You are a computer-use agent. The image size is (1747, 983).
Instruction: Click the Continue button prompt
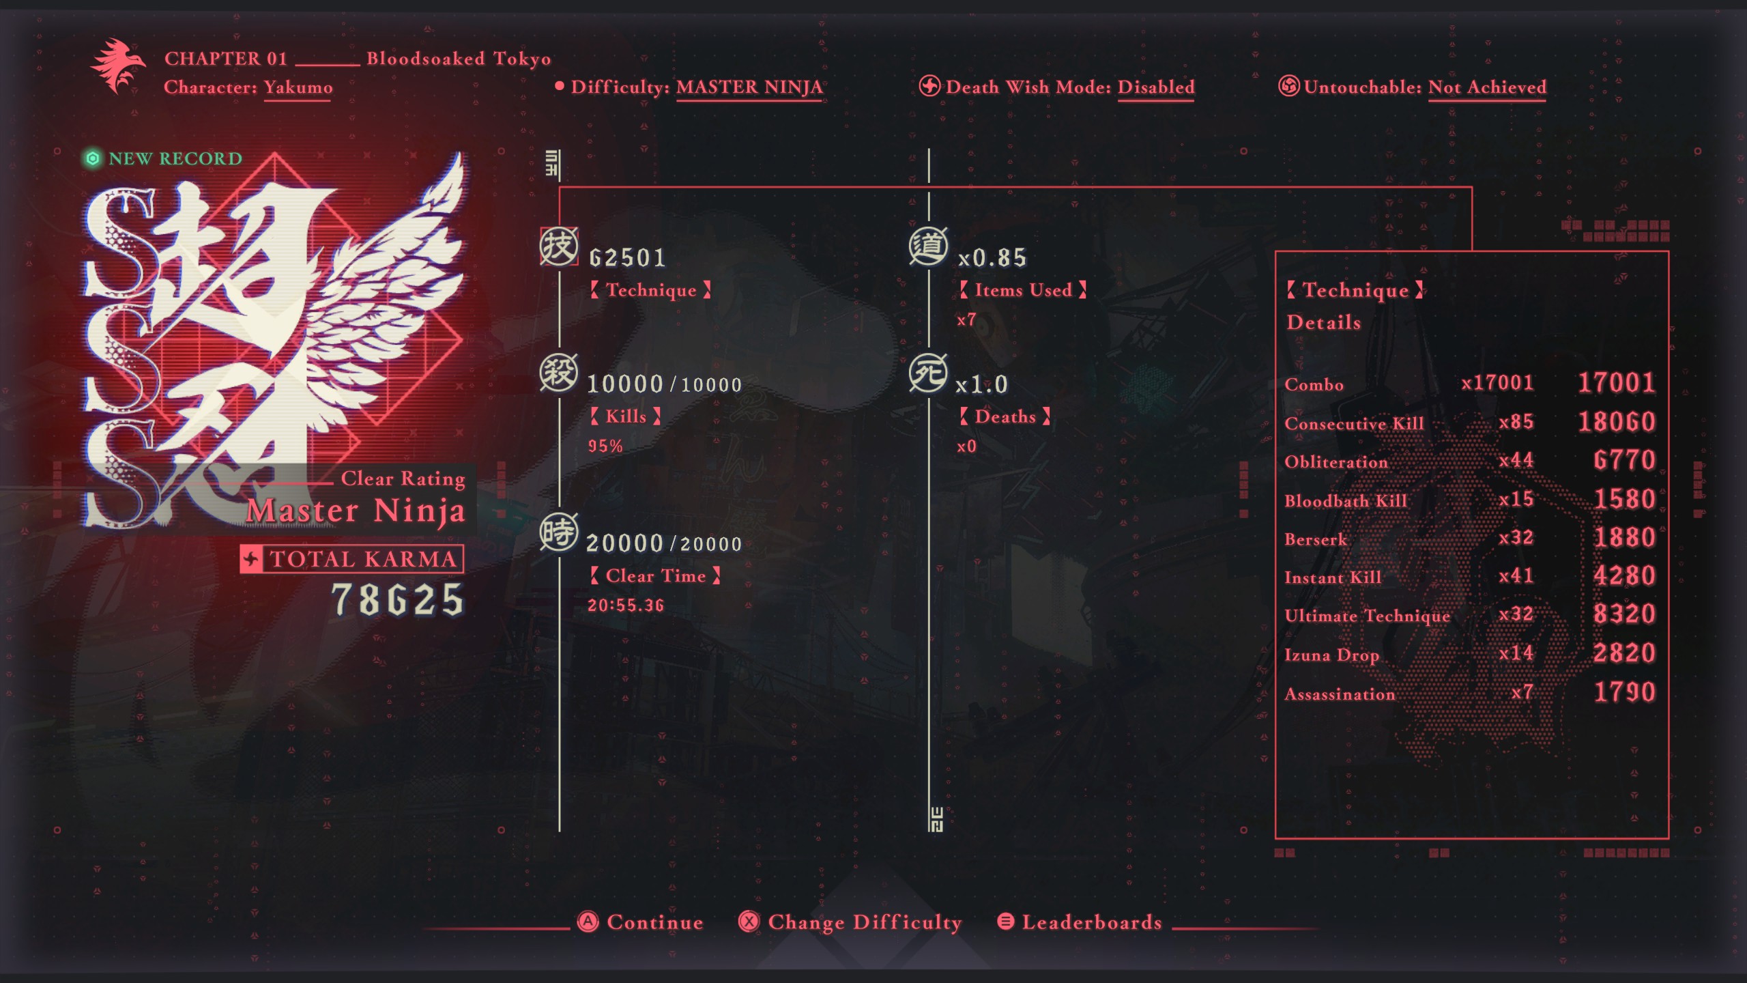point(640,922)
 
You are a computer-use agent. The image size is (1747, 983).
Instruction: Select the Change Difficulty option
point(850,922)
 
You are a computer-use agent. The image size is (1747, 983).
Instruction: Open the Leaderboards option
point(1080,922)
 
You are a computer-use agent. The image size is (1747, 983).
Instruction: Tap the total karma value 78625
point(398,599)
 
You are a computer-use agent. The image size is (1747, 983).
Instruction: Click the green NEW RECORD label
point(163,158)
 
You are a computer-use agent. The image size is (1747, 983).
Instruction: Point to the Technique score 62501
point(627,257)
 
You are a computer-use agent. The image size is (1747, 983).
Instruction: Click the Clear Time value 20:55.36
point(626,605)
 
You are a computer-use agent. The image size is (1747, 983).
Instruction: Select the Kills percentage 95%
point(605,446)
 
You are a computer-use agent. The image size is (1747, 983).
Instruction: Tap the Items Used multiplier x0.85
point(992,257)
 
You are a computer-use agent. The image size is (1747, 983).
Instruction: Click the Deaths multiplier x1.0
point(981,384)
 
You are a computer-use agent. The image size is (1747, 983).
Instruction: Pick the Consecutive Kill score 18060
point(1617,421)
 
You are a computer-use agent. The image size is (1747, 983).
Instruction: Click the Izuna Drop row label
point(1331,655)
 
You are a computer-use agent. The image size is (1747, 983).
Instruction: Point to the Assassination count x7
point(1522,692)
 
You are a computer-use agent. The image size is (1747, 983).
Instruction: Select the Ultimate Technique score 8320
point(1624,614)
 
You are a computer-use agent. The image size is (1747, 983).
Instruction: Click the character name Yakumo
point(298,87)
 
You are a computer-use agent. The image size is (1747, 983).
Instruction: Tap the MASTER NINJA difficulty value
point(749,87)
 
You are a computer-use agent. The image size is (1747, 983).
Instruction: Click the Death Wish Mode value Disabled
point(1156,87)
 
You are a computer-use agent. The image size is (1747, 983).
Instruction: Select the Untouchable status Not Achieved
point(1487,87)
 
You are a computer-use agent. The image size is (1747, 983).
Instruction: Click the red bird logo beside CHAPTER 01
point(118,66)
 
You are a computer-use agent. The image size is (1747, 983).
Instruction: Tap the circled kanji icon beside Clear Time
point(559,532)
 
